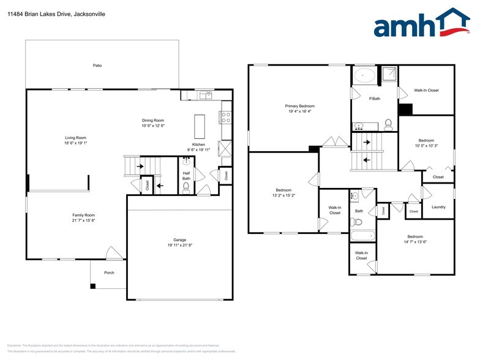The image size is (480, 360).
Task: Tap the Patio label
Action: tap(97, 65)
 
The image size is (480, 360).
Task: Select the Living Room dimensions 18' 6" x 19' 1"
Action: tap(77, 143)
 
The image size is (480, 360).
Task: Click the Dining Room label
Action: tap(153, 120)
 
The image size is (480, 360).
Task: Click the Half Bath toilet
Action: tap(186, 189)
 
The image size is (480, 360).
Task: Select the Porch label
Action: tap(109, 272)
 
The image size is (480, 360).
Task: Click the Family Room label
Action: tap(83, 215)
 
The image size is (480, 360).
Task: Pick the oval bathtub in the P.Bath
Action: tap(366, 76)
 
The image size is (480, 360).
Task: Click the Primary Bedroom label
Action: tap(300, 106)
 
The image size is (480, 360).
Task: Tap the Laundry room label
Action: tap(438, 207)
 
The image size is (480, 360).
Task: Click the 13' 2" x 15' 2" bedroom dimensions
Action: tap(283, 195)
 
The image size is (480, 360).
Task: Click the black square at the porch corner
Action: tap(93, 285)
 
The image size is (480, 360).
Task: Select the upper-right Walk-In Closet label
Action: tap(426, 90)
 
